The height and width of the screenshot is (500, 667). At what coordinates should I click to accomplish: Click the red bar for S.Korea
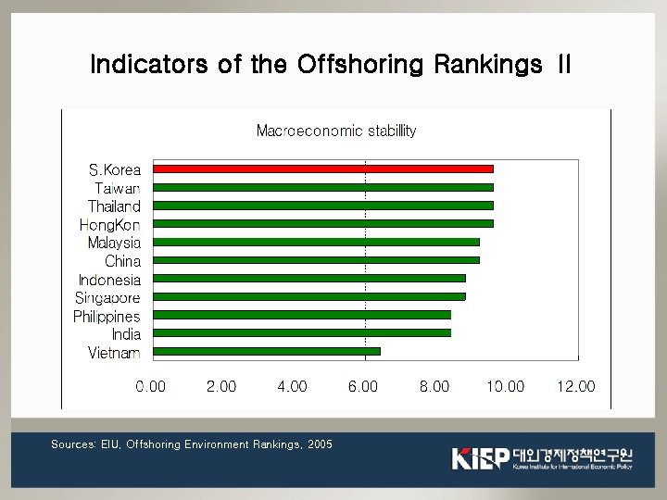tap(322, 169)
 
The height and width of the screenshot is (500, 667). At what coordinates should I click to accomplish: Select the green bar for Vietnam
tap(266, 351)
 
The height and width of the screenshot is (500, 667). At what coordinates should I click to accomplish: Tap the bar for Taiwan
tap(322, 187)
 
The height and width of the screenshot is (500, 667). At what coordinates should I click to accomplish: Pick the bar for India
tap(301, 332)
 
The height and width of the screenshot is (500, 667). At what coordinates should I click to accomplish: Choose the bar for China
tap(315, 260)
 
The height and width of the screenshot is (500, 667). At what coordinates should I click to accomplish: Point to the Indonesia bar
tap(308, 278)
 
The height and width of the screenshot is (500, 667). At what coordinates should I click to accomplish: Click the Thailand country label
tap(114, 206)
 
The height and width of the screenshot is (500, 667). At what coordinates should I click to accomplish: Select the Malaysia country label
tap(114, 243)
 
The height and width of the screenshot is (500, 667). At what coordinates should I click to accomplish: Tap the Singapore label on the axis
tap(107, 297)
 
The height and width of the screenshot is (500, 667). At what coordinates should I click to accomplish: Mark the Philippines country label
tap(107, 317)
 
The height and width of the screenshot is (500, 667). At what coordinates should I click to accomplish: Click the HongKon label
tap(109, 225)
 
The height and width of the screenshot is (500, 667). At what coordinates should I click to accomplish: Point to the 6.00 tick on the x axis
tap(363, 387)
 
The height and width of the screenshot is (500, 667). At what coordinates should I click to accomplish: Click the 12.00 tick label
tap(575, 387)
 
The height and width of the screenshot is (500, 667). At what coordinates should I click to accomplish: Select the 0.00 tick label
tap(151, 387)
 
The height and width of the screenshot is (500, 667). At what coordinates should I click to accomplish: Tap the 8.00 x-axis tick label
tap(434, 387)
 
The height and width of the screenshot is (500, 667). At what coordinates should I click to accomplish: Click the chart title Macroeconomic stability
tap(335, 131)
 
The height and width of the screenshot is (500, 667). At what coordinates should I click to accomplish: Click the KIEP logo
tap(480, 457)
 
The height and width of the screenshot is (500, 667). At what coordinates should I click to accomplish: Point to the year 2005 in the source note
tap(320, 444)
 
